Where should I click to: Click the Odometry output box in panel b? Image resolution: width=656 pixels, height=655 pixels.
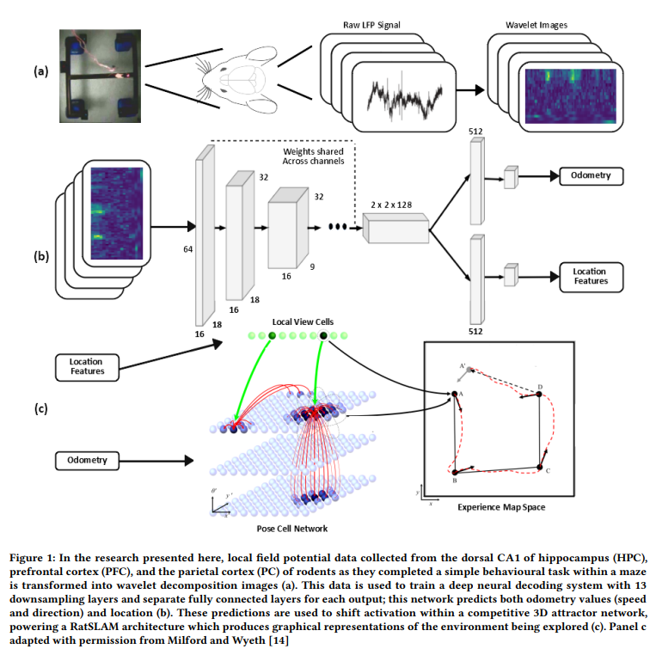click(x=592, y=176)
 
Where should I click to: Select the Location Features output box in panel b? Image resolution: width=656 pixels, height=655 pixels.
click(x=592, y=277)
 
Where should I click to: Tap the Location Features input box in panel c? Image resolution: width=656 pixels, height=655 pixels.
click(x=87, y=367)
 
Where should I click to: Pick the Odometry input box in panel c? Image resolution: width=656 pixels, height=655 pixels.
click(x=87, y=461)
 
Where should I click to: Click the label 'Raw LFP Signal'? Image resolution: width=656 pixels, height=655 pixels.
click(x=371, y=25)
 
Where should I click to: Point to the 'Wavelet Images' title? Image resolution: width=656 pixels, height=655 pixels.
click(x=536, y=25)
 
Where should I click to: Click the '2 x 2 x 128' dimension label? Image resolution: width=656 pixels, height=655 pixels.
click(x=391, y=205)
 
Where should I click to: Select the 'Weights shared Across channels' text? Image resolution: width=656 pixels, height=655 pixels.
click(x=313, y=156)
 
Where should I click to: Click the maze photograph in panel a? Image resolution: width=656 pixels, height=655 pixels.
click(x=100, y=76)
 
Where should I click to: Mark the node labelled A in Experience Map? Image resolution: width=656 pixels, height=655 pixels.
click(x=454, y=394)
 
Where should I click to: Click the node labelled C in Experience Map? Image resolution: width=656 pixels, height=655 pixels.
click(x=540, y=468)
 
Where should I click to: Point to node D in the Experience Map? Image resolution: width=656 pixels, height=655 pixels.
click(x=539, y=394)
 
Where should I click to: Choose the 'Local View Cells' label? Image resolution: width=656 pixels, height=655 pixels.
click(x=303, y=322)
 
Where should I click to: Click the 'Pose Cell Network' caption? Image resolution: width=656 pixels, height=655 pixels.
click(x=292, y=529)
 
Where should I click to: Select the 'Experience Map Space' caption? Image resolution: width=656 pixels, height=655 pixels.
click(x=501, y=507)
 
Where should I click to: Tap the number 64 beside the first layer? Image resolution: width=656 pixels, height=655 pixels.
click(x=187, y=249)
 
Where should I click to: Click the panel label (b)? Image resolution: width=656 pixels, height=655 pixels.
click(x=41, y=256)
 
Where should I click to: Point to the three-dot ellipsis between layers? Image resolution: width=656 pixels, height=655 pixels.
click(x=338, y=227)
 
